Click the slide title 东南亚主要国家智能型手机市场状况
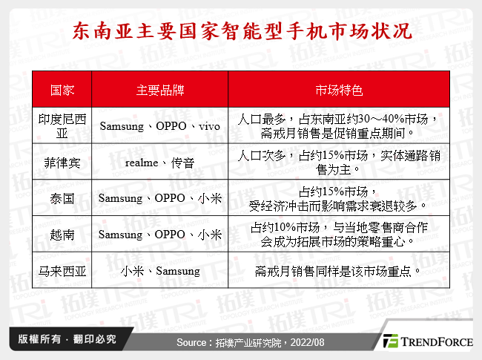point(241,33)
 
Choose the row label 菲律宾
point(62,162)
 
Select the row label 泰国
point(62,198)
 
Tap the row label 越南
point(62,235)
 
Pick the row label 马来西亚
point(62,271)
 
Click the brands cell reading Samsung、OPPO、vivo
point(160,126)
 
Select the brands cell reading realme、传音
point(160,162)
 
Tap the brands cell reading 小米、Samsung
point(160,271)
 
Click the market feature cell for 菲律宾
point(339,162)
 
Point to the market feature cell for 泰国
point(339,198)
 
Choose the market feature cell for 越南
point(339,235)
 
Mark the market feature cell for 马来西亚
point(339,271)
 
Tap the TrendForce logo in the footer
point(426,342)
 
